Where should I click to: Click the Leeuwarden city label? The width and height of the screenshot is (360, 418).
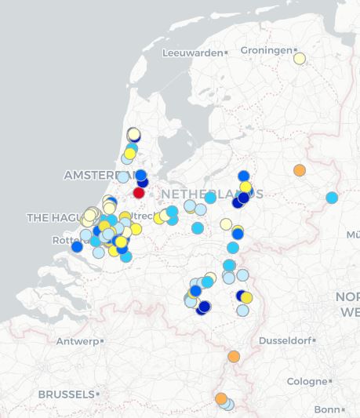(192, 53)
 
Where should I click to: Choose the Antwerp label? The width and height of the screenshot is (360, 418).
(77, 341)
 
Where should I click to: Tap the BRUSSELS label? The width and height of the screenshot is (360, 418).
(66, 394)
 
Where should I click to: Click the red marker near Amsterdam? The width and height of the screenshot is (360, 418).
(139, 192)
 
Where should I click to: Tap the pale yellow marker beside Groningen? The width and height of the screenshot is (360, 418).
(299, 58)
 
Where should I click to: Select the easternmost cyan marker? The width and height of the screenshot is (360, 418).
(332, 198)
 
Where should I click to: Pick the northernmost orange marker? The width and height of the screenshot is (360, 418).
(299, 170)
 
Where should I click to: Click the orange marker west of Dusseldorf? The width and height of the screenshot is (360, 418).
(234, 356)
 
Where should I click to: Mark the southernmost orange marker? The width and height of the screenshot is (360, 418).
(221, 398)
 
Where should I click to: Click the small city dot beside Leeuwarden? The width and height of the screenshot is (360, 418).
(226, 53)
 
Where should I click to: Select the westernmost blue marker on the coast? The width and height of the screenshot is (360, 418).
(77, 247)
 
